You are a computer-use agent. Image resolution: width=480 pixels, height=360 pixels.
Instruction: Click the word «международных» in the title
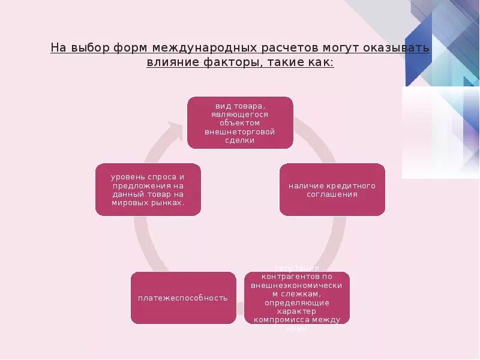(203, 47)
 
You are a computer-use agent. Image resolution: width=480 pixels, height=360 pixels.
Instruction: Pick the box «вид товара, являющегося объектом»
(240, 122)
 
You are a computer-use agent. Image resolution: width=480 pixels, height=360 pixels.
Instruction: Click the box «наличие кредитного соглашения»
(332, 190)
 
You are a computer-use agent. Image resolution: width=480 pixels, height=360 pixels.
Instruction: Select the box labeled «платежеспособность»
(183, 298)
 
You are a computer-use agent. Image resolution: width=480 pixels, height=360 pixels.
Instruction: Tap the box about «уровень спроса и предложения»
(148, 190)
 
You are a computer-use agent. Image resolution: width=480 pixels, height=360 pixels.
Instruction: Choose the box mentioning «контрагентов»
(297, 298)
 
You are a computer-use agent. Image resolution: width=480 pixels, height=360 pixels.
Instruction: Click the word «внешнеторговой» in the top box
(240, 131)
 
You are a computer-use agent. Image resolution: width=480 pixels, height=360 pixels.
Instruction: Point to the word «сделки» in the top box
(240, 140)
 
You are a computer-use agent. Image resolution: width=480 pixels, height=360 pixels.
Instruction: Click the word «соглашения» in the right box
(332, 194)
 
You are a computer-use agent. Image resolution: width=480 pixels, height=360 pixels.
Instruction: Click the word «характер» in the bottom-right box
(297, 311)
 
